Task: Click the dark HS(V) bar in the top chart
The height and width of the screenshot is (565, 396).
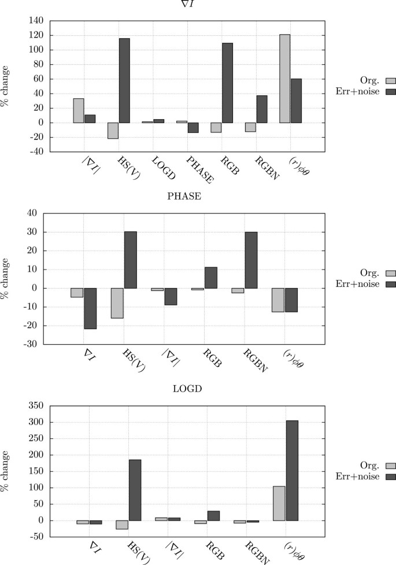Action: [124, 80]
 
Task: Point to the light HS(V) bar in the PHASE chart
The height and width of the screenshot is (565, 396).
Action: [117, 303]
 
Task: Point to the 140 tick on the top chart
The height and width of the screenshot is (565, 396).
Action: [35, 20]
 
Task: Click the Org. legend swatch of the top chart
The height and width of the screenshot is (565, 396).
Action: [374, 81]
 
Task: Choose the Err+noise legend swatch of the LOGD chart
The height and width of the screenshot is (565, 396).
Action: [374, 476]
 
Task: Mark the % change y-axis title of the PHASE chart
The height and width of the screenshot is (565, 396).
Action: [5, 279]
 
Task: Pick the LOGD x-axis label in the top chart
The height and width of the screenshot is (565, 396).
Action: [162, 167]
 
